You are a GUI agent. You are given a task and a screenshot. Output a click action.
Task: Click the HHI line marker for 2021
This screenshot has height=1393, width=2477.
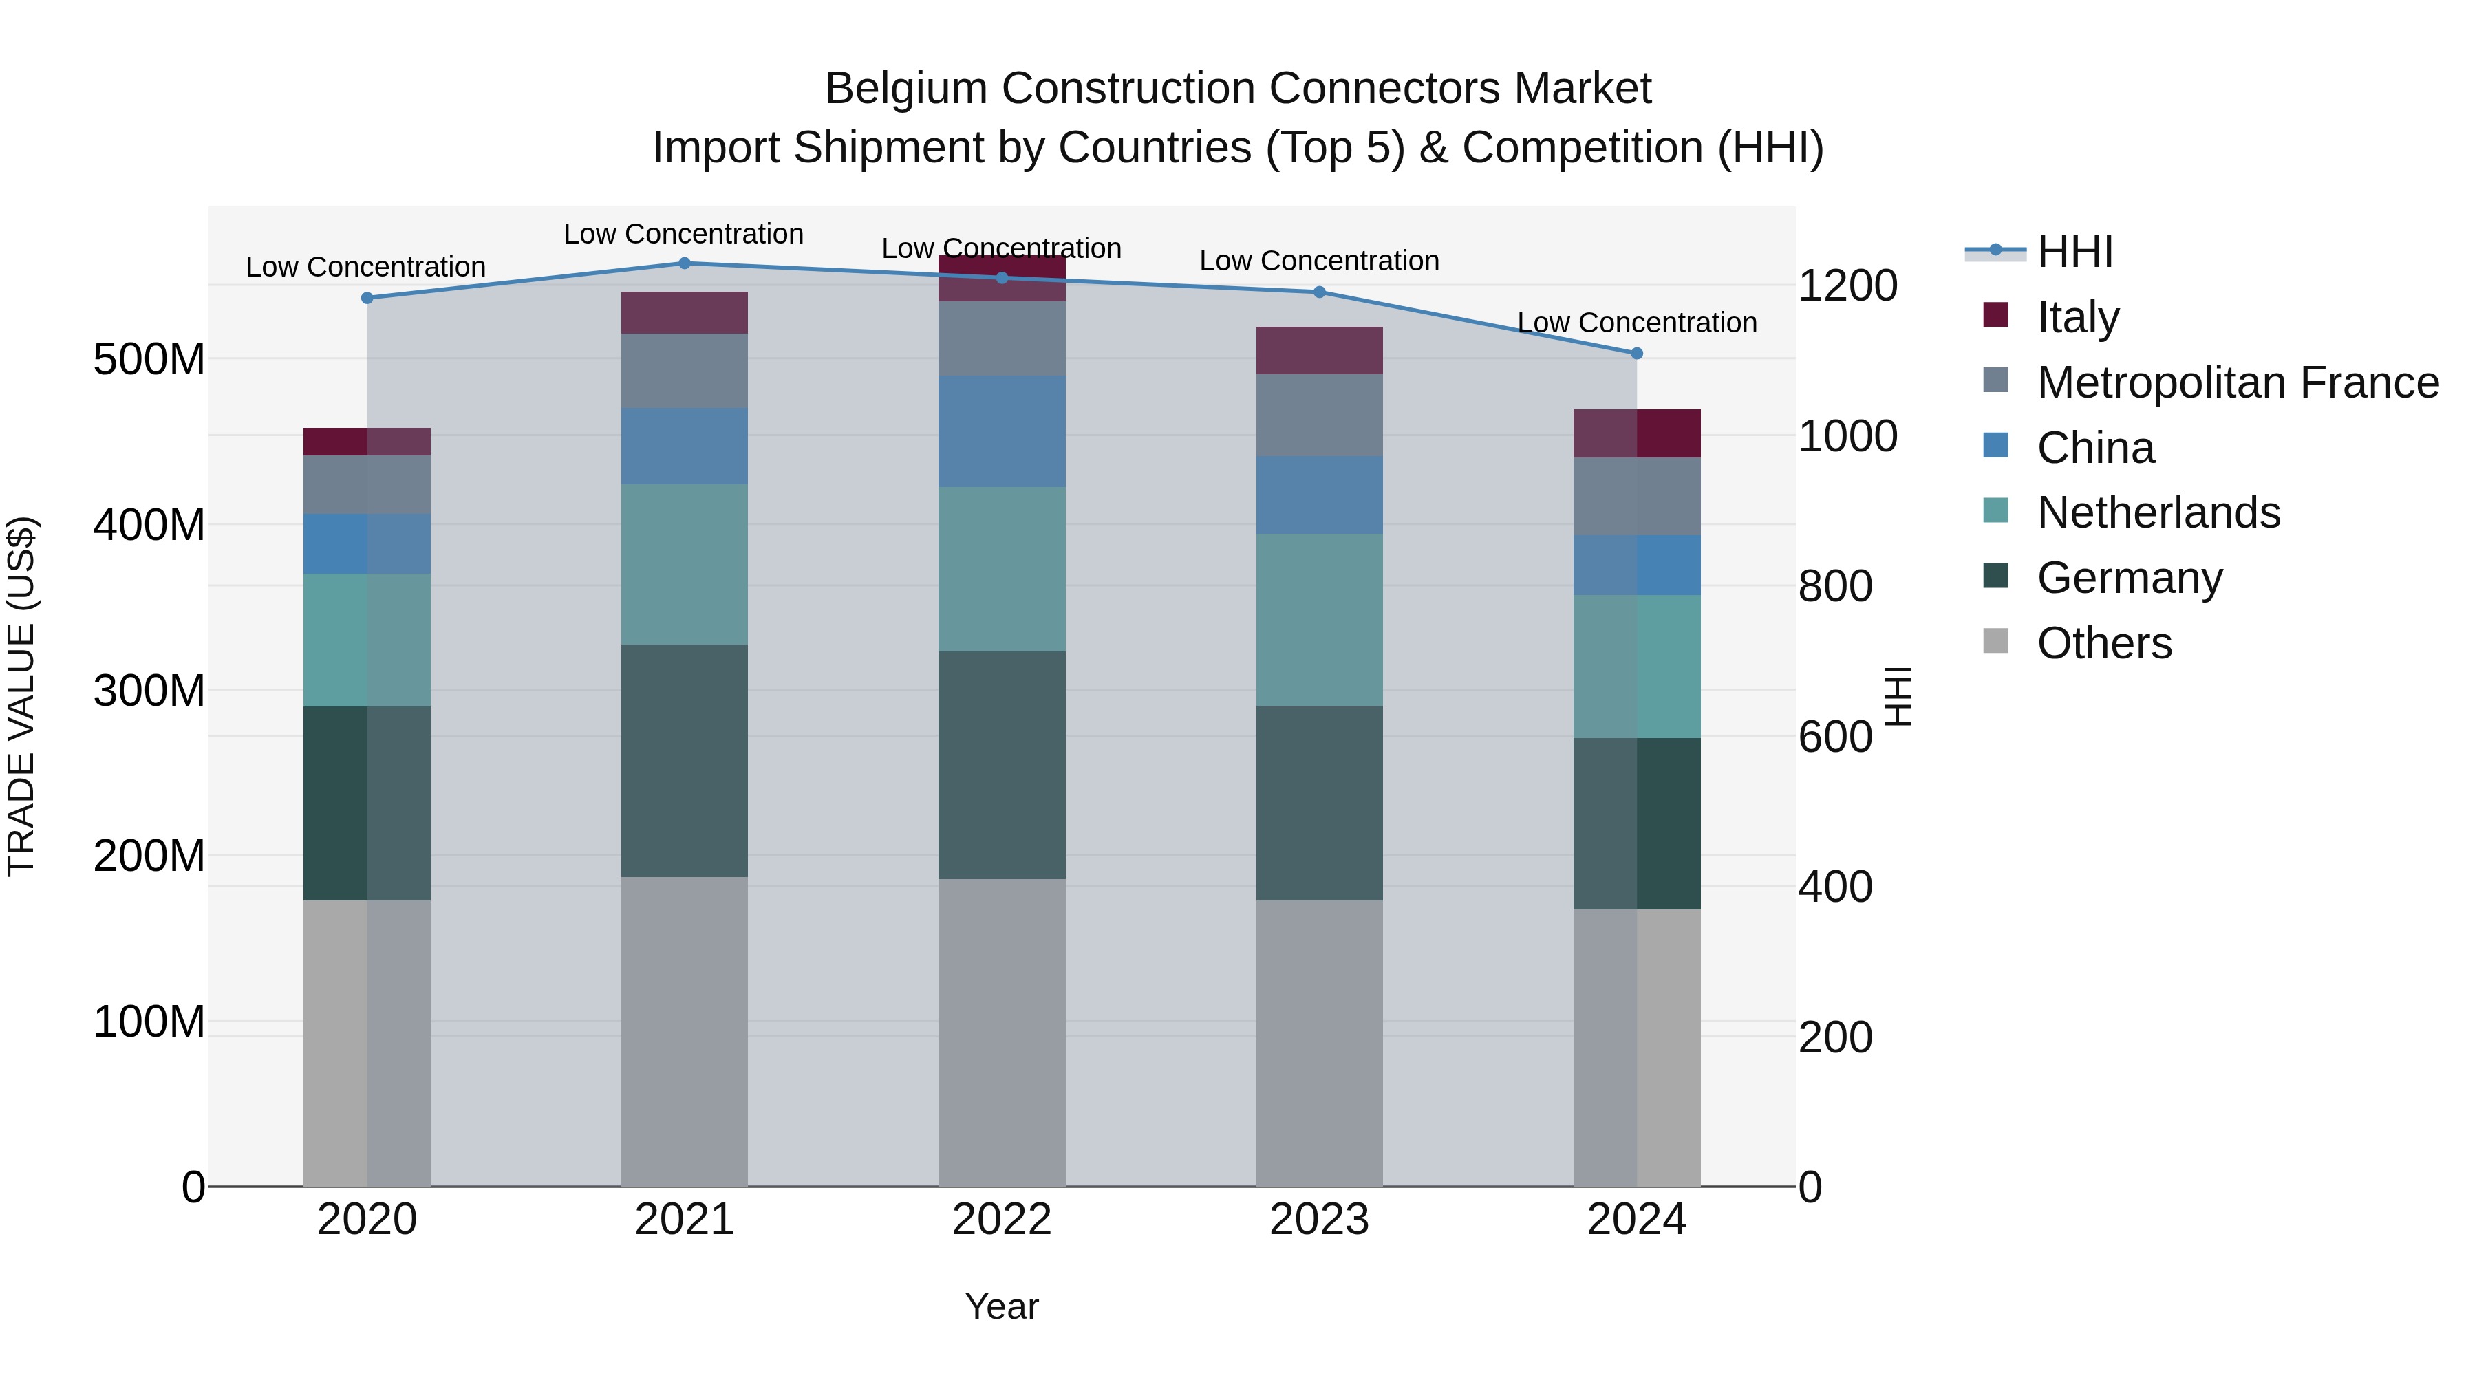tap(685, 263)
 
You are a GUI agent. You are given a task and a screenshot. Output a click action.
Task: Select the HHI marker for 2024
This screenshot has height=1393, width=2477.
tap(1638, 354)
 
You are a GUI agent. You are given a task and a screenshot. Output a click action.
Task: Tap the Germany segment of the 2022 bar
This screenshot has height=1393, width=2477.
tap(1002, 765)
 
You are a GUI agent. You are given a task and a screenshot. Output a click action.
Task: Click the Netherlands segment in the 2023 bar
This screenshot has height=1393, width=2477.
tap(1319, 620)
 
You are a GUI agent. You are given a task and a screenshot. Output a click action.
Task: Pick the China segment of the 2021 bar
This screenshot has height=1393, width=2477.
tap(685, 446)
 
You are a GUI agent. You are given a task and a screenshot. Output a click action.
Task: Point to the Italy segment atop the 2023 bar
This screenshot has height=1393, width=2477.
tap(1319, 351)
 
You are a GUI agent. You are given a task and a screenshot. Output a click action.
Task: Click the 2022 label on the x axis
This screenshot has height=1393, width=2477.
tap(1002, 1220)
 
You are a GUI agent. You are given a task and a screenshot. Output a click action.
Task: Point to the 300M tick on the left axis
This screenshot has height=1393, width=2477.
tap(149, 690)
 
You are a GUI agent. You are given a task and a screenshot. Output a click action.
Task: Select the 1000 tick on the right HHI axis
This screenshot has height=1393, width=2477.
tap(1847, 436)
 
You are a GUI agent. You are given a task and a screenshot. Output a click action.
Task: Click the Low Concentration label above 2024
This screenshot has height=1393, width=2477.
tap(1637, 323)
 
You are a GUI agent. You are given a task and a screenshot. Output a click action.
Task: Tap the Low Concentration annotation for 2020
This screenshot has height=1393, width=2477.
tap(365, 268)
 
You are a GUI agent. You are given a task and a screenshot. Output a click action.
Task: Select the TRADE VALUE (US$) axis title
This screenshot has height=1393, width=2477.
tap(21, 696)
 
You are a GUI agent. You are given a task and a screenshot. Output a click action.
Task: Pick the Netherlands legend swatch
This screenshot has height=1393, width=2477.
tap(1996, 512)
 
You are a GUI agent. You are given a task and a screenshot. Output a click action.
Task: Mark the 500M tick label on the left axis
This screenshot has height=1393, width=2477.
tap(149, 360)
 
